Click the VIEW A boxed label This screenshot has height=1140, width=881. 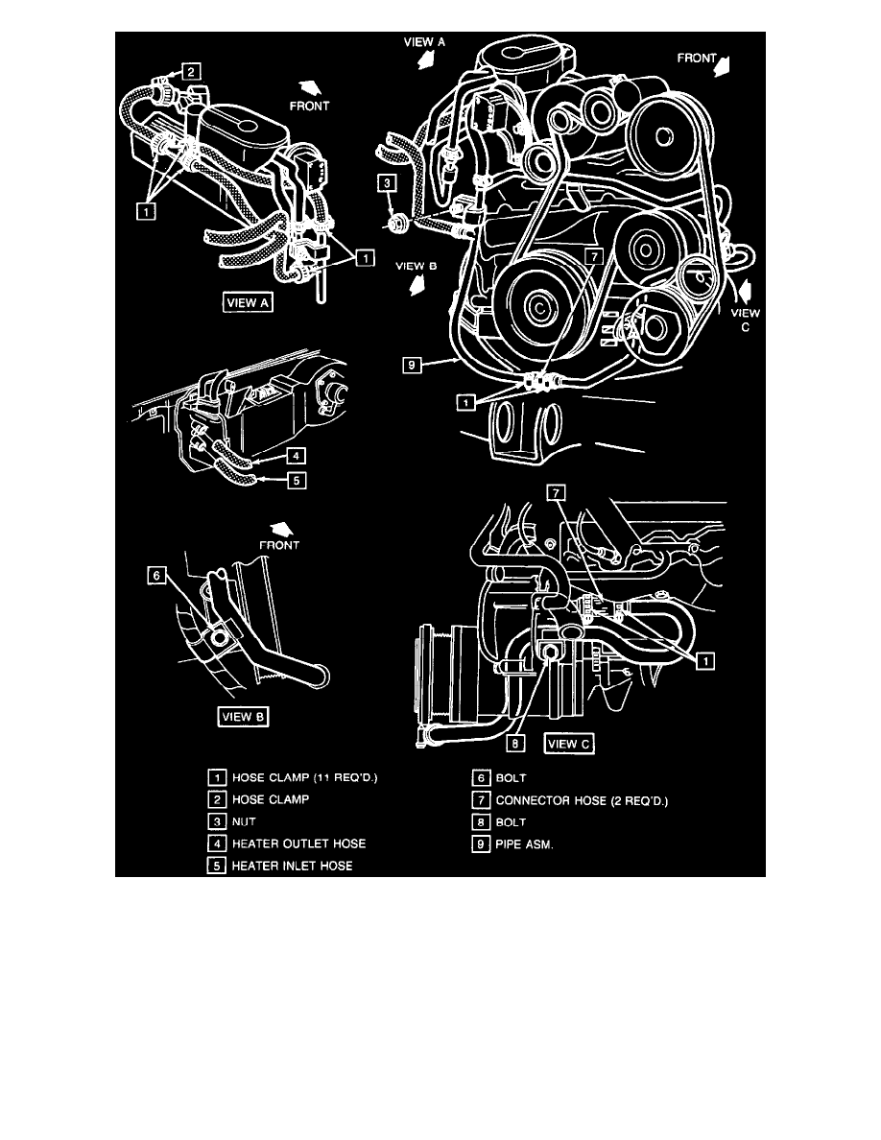point(249,303)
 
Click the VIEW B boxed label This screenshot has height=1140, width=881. point(244,717)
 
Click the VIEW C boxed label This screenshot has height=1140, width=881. point(571,743)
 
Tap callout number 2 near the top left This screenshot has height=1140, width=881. point(192,70)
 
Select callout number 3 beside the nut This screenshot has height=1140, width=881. point(384,182)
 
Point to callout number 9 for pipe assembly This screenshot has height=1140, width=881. point(410,365)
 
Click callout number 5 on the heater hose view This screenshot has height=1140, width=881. point(298,483)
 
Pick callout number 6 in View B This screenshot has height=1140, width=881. point(154,576)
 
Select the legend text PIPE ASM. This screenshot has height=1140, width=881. point(523,843)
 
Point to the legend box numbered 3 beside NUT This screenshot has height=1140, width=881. point(217,822)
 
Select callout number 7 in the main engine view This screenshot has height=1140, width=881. point(594,256)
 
